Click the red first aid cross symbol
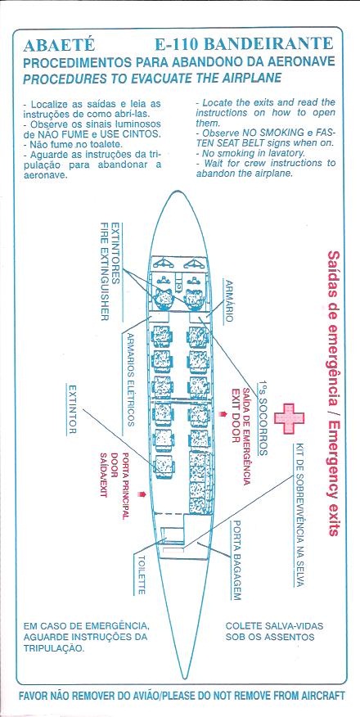[289, 419]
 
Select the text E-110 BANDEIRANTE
[244, 44]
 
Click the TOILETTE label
[142, 575]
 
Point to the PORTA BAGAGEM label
[236, 560]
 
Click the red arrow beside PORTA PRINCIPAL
[143, 494]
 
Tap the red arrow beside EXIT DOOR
[223, 414]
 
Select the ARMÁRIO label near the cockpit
[229, 301]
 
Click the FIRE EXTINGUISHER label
[105, 271]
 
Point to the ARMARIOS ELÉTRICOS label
[131, 379]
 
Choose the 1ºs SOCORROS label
[263, 418]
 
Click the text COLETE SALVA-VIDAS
[274, 625]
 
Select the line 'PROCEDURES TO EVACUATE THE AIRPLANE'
[151, 79]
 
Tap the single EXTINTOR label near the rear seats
[72, 410]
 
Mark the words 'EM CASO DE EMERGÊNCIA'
[85, 625]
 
